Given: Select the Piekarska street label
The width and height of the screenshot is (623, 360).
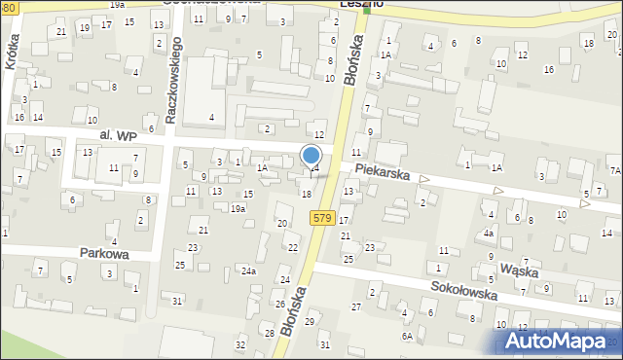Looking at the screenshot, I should [x=393, y=172].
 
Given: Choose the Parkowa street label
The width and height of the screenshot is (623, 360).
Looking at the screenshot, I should [x=106, y=252].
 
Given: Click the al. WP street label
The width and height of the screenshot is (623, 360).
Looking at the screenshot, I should [x=118, y=137].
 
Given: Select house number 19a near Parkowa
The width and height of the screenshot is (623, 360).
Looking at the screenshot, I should [x=238, y=208].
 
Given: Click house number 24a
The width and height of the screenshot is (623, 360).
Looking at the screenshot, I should [x=249, y=270].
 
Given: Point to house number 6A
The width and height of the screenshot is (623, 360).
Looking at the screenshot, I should [x=409, y=336].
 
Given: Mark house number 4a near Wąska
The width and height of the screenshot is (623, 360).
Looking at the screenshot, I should [x=489, y=234].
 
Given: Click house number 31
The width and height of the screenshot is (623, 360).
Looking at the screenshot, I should [x=176, y=301].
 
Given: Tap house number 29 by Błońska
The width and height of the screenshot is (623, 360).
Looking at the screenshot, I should [x=310, y=321].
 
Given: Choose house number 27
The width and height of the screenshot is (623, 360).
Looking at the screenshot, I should [x=356, y=306].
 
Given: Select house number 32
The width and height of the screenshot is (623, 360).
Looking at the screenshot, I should [x=240, y=345].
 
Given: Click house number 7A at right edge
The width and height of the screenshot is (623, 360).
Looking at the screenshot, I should [x=615, y=170].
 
